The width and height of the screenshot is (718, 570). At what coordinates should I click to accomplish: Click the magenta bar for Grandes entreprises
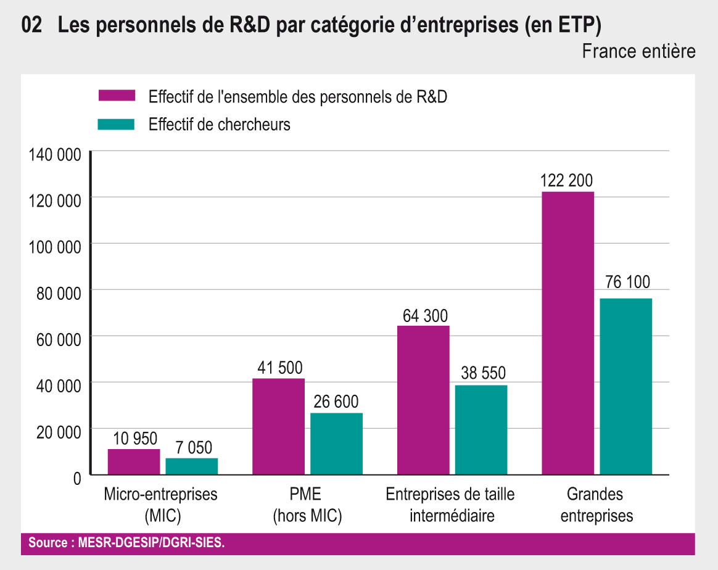pyautogui.click(x=567, y=333)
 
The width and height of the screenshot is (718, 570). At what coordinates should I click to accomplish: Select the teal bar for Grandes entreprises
pyautogui.click(x=625, y=387)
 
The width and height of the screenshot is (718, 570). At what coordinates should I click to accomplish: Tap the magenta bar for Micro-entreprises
pyautogui.click(x=134, y=462)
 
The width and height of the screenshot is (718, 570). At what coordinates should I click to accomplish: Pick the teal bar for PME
pyautogui.click(x=336, y=444)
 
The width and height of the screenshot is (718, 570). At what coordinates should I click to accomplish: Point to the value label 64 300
pyautogui.click(x=426, y=316)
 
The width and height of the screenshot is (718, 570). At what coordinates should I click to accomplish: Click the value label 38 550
pyautogui.click(x=483, y=373)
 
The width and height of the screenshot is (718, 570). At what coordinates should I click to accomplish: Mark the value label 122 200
pyautogui.click(x=566, y=181)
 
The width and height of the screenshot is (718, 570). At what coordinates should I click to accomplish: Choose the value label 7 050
pyautogui.click(x=192, y=448)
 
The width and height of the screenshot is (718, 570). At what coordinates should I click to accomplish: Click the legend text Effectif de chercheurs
pyautogui.click(x=220, y=125)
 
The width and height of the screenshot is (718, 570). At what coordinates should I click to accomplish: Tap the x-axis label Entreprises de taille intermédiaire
pyautogui.click(x=450, y=505)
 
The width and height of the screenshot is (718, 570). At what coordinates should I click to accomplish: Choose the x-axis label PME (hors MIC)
pyautogui.click(x=307, y=505)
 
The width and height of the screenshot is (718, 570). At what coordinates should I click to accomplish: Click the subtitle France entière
pyautogui.click(x=638, y=51)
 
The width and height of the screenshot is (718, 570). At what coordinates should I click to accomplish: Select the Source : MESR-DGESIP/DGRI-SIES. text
pyautogui.click(x=126, y=543)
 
